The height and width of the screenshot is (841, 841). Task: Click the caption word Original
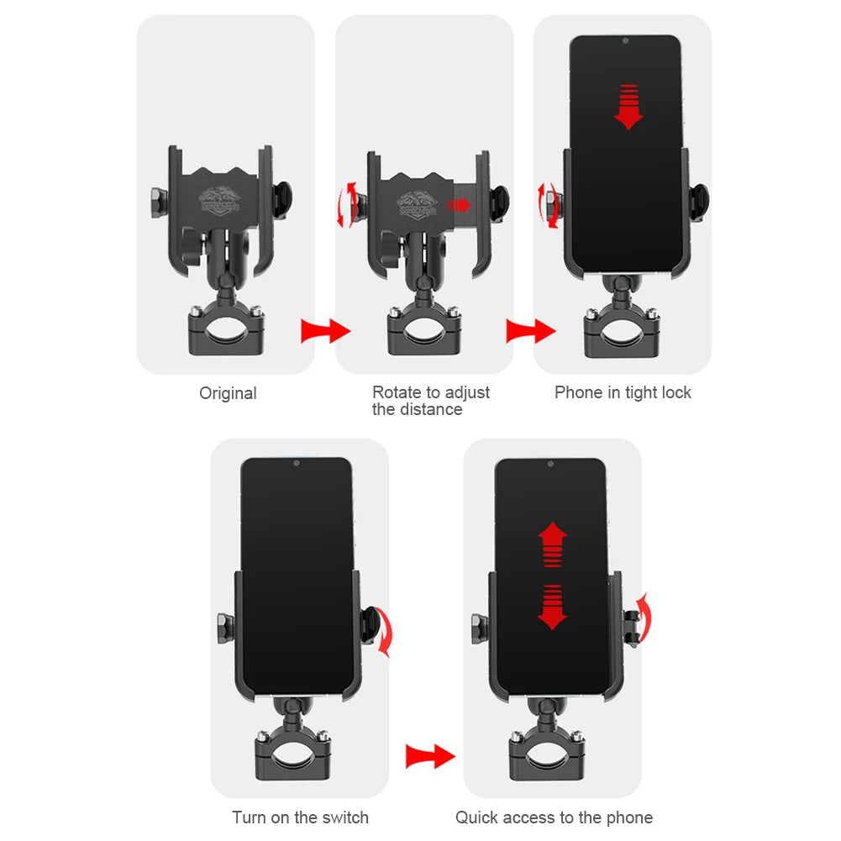[228, 393]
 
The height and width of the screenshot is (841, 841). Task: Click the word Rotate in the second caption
[396, 392]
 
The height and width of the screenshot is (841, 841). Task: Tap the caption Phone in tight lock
[623, 392]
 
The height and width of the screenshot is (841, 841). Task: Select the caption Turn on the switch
[300, 817]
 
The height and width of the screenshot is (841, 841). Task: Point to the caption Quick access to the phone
[554, 817]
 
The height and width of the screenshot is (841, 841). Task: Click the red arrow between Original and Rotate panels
[325, 331]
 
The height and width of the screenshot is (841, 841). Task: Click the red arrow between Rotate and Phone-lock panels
[530, 331]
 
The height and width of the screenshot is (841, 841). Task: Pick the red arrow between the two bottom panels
[429, 755]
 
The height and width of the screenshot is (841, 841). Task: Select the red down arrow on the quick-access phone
[552, 607]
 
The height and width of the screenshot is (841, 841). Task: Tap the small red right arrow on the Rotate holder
[459, 205]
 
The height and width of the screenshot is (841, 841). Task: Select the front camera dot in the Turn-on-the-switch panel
[297, 463]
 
